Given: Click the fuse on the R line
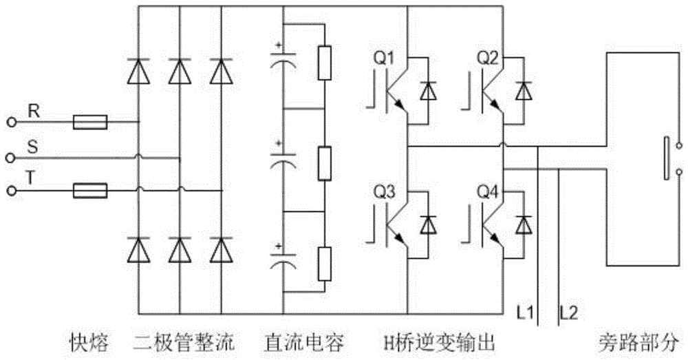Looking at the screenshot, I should click(90, 123).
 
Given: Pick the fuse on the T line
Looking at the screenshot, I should click(90, 190).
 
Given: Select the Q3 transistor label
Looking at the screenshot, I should click(384, 193).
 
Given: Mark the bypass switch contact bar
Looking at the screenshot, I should click(666, 158).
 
